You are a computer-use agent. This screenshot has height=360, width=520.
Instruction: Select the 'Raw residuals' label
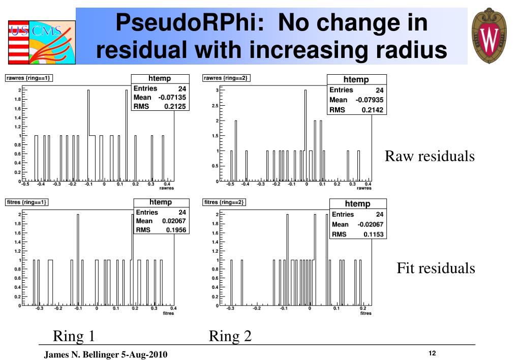tap(430, 156)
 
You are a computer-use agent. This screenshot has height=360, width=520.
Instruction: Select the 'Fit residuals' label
tap(436, 268)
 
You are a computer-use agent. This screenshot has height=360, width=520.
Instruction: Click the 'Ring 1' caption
tap(74, 336)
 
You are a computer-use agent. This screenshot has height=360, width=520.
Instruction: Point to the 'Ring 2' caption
tap(230, 336)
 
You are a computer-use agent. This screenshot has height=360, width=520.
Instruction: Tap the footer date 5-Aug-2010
tap(144, 354)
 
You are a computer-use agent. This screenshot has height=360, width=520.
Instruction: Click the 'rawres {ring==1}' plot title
tap(29, 78)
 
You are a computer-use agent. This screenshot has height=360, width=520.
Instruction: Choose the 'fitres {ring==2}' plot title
tap(224, 202)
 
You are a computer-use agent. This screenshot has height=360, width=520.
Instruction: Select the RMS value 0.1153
tap(373, 234)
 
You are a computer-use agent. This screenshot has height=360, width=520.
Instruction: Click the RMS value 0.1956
tap(176, 230)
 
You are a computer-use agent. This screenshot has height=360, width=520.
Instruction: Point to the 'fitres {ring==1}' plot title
tap(26, 202)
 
